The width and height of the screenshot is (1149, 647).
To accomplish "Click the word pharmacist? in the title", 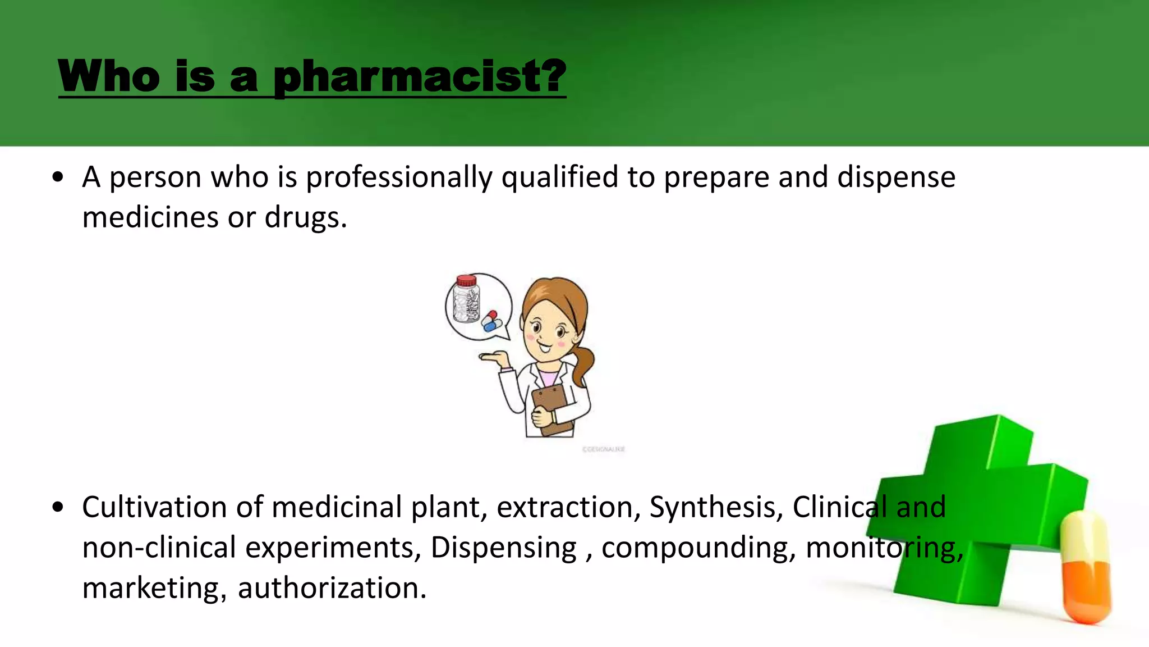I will click(420, 77).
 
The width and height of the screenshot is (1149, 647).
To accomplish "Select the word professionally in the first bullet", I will click(399, 177).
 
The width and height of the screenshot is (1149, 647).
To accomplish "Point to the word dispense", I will click(896, 177).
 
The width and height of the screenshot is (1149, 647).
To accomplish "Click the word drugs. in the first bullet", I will click(306, 218).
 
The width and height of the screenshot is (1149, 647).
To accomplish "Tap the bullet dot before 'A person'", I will click(57, 178).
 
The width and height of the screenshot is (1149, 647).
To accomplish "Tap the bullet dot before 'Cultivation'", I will click(57, 508).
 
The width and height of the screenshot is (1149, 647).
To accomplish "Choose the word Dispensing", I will click(503, 548).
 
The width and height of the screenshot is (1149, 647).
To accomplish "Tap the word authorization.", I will click(332, 589).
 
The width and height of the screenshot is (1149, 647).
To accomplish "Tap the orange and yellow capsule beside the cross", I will click(1086, 567).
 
